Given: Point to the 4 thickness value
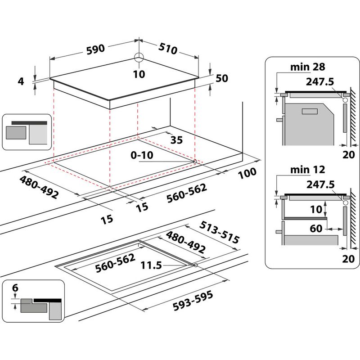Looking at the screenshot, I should (20, 81).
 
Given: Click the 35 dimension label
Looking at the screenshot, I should (177, 140).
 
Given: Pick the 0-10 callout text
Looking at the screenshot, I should (142, 155).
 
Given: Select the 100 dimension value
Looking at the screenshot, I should (247, 172).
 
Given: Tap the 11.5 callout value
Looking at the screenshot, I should (151, 265).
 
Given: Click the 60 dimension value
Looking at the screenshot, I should (316, 228).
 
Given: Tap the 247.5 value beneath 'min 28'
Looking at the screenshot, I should (320, 82).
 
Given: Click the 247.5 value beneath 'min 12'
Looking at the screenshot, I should (320, 184).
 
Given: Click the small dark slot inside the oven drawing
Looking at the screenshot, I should (310, 111).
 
